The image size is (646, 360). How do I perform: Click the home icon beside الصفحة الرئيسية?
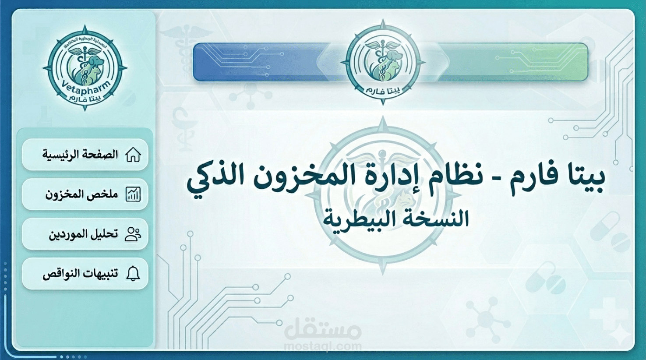pyautogui.click(x=133, y=155)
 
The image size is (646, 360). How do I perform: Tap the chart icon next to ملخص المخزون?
pyautogui.click(x=133, y=194)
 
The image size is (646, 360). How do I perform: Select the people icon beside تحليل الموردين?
pyautogui.click(x=133, y=234)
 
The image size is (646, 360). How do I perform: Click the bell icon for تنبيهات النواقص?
pyautogui.click(x=133, y=274)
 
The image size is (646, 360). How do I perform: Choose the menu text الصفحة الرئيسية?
pyautogui.click(x=80, y=155)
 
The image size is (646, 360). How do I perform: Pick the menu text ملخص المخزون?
pyautogui.click(x=82, y=194)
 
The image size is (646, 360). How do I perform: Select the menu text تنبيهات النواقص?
pyautogui.click(x=80, y=274)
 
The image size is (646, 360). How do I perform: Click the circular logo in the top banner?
pyautogui.click(x=383, y=62)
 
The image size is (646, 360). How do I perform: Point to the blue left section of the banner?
pyautogui.click(x=258, y=62)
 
